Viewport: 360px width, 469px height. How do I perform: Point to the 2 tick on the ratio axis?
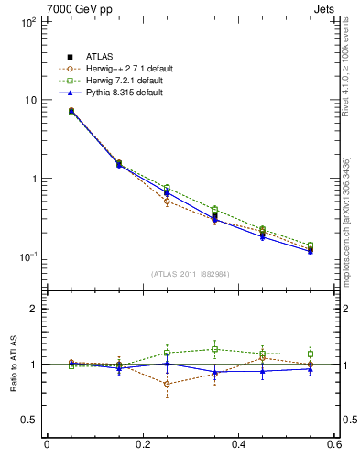pyautogui.click(x=28, y=309)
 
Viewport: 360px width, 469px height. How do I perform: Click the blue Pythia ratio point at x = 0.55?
pyautogui.click(x=311, y=369)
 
